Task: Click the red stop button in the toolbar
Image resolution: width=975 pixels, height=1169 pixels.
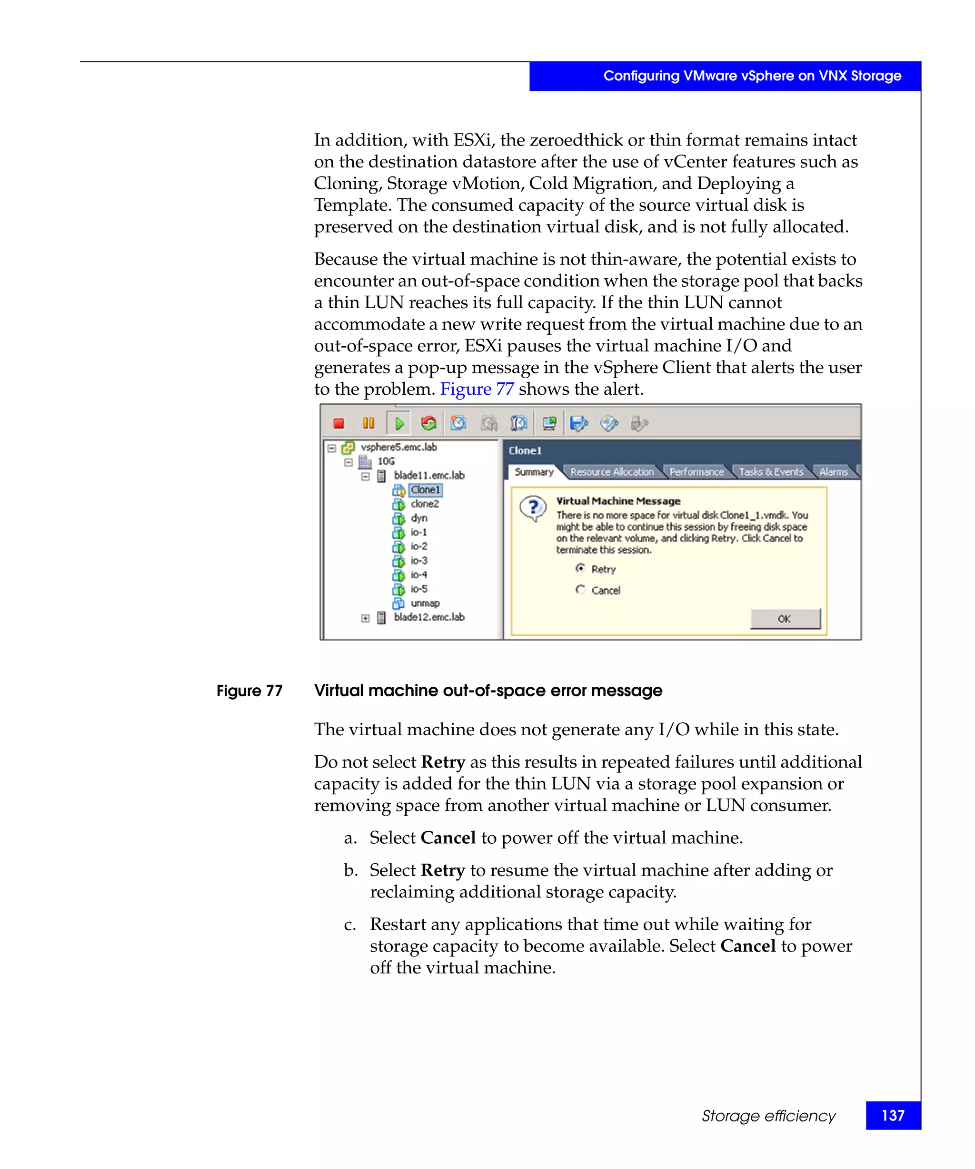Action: (338, 424)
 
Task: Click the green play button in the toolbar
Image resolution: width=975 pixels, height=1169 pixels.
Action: (399, 424)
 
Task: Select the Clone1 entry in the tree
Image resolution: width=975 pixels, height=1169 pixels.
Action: (425, 490)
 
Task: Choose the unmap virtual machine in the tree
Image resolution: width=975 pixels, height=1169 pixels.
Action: (425, 603)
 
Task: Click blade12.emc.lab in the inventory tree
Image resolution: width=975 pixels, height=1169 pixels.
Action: (428, 617)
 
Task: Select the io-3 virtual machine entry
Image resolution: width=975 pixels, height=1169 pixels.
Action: (418, 561)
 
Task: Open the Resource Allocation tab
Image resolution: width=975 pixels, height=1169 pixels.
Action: (611, 472)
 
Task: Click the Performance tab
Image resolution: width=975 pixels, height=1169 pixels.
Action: (696, 472)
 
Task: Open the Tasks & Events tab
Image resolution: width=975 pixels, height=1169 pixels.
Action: (771, 472)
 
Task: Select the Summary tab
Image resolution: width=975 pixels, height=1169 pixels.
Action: (533, 472)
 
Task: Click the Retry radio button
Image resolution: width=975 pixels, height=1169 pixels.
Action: (580, 568)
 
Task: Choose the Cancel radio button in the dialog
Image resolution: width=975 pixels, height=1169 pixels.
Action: (580, 590)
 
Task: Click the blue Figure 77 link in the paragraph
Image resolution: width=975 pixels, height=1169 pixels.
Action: (477, 389)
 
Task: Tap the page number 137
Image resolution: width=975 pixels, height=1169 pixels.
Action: (893, 1116)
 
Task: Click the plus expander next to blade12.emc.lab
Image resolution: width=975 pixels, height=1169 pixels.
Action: (365, 618)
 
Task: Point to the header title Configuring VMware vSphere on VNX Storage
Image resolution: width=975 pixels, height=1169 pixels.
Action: (752, 76)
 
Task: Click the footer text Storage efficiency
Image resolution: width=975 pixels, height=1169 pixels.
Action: (768, 1116)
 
